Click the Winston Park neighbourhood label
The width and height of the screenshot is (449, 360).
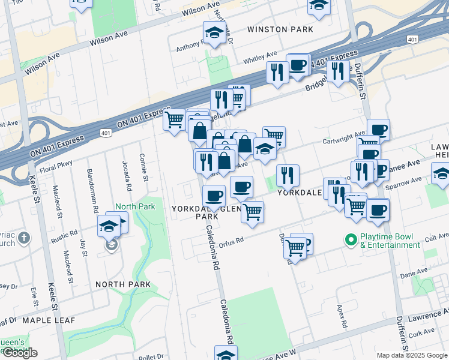click(280, 29)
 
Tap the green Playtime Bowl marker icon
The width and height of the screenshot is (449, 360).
click(351, 239)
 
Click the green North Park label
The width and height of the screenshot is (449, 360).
click(135, 206)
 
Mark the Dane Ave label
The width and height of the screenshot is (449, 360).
click(414, 273)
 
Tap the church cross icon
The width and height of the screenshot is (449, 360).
click(24, 239)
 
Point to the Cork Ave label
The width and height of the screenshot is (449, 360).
click(424, 331)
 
